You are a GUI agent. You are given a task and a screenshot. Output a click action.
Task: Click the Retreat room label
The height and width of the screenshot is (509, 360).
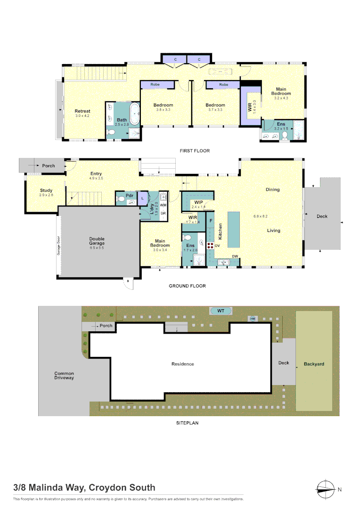(x=82, y=111)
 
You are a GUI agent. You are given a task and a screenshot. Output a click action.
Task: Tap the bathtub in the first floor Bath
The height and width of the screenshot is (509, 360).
(x=135, y=114)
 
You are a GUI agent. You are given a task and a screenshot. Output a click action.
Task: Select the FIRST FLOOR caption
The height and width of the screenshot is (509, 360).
(x=194, y=151)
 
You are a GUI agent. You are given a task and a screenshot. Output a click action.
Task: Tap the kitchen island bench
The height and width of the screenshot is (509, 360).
(x=234, y=230)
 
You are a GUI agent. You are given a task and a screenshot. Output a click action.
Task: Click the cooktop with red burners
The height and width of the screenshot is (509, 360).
(x=210, y=245)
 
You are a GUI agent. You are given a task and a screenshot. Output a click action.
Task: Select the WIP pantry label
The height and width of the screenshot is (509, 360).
(x=198, y=203)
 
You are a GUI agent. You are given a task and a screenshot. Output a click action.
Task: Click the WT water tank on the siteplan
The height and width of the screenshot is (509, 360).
(x=221, y=311)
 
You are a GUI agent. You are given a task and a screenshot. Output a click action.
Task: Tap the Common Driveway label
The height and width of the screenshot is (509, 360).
(x=64, y=376)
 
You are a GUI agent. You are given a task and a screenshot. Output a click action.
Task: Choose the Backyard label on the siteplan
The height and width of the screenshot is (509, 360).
(x=314, y=364)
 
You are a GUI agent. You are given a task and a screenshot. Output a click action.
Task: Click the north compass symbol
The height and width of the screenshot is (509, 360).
(x=325, y=489)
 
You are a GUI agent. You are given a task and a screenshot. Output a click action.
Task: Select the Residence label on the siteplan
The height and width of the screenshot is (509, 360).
(x=182, y=364)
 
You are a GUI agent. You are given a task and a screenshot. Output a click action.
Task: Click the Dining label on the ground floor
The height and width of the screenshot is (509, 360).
(x=272, y=189)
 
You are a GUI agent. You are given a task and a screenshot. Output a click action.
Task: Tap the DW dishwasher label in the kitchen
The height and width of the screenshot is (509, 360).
(x=235, y=256)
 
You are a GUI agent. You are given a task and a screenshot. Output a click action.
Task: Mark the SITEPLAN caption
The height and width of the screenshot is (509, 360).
(x=187, y=423)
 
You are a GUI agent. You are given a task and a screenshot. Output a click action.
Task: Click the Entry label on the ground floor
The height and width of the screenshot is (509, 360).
(x=96, y=174)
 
